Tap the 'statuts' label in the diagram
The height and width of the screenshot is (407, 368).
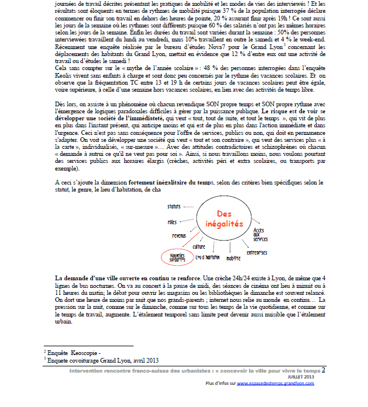coord(174,207)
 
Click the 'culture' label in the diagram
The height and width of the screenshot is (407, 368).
coord(199,246)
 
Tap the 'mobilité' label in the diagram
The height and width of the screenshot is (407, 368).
coord(234,257)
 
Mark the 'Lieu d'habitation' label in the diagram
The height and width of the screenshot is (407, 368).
coord(207,257)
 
